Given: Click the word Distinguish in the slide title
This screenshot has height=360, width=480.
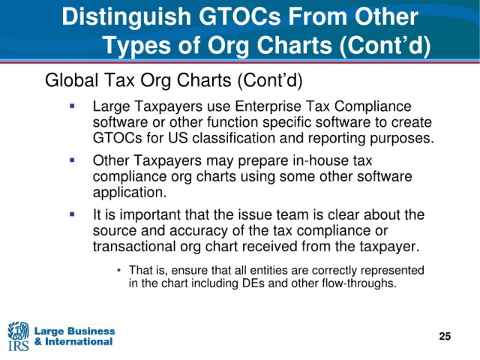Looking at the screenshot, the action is point(127,17).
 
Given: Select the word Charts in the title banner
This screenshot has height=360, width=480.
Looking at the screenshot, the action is point(294,45).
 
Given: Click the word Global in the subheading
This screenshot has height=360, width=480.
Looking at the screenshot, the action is point(72,80).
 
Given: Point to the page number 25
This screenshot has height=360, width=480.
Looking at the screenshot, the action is point(445,336).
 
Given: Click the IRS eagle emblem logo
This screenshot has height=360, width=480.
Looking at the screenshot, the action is point(18,336).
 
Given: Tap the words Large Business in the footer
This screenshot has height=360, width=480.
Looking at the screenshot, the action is point(75,331).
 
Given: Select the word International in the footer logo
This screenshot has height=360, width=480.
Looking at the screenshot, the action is point(79,341).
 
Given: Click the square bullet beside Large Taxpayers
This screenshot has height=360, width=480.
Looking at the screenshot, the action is point(72,106).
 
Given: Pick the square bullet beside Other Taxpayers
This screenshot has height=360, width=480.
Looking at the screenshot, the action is point(72,160).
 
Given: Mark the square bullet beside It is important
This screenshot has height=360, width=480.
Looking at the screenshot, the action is point(72,214).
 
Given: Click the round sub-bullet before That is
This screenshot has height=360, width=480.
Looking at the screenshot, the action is point(119,270).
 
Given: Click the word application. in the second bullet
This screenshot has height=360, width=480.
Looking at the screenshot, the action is point(130,193).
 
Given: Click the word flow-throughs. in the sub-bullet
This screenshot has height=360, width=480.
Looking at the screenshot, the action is point(359,283).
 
